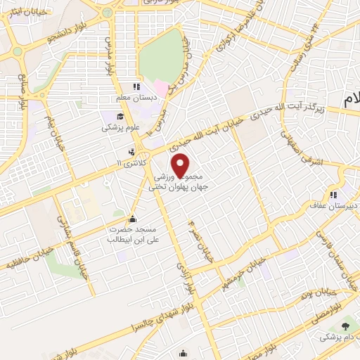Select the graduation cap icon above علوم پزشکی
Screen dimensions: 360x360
(120, 116)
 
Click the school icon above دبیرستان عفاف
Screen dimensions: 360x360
(333, 194)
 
